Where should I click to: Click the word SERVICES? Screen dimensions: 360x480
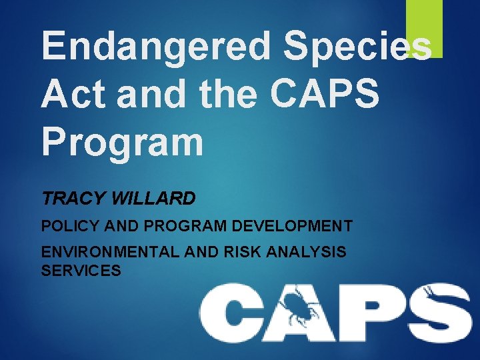[81, 271]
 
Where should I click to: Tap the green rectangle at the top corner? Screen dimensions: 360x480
[424, 27]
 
